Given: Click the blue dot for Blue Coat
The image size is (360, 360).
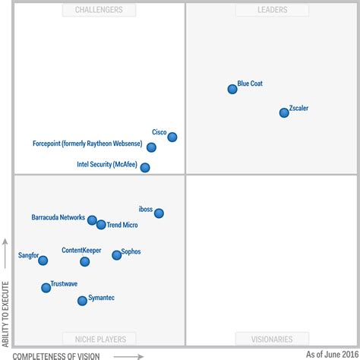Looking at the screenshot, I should point(232,89).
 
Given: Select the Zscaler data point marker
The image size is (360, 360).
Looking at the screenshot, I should point(284,112).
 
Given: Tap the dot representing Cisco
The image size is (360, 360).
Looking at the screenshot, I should point(172,137).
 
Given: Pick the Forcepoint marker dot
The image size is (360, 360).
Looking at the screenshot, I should point(151,147).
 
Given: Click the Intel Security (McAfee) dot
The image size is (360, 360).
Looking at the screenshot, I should point(145,168).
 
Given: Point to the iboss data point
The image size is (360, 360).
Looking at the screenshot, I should point(159,213).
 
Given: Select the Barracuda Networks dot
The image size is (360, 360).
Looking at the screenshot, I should point(92,220).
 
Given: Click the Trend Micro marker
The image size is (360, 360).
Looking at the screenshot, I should point(101,225).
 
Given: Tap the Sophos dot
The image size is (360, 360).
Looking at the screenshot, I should point(116,255).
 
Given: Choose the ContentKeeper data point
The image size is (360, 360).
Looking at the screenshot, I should point(84,261).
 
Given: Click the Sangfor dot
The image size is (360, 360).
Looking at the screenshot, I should point(43,261).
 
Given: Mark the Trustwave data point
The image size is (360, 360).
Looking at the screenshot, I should point(46,288).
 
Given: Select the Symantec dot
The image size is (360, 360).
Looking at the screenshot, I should point(82,301).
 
